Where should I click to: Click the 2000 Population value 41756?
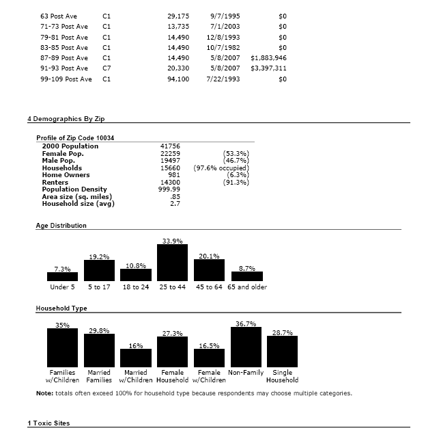click(x=169, y=146)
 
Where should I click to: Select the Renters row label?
click(x=55, y=183)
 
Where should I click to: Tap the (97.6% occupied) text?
click(x=221, y=168)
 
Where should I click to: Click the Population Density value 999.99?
click(x=169, y=189)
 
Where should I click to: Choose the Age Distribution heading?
click(x=61, y=225)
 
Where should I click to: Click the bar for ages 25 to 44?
click(x=172, y=263)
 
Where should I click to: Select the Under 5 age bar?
click(x=62, y=276)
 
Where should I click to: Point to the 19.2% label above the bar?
click(x=99, y=256)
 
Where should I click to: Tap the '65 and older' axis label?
click(x=247, y=287)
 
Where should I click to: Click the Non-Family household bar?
click(x=246, y=347)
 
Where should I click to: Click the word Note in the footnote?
click(x=43, y=393)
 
